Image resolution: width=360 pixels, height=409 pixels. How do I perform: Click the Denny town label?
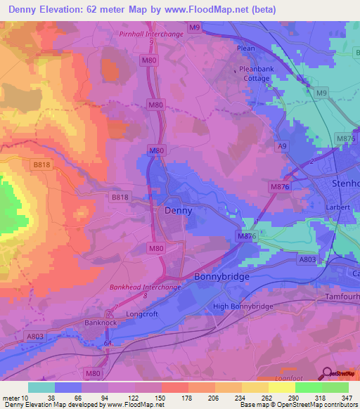(x=177, y=210)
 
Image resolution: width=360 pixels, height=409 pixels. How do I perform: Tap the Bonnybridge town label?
(x=221, y=278)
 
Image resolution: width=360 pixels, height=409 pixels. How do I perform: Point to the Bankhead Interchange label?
(x=146, y=287)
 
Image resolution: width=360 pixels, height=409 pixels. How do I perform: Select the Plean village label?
(x=246, y=48)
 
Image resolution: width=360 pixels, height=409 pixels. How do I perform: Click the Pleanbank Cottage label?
(x=255, y=74)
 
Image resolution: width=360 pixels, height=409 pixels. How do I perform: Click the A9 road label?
(x=282, y=145)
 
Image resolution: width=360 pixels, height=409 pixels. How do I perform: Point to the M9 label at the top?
(x=195, y=27)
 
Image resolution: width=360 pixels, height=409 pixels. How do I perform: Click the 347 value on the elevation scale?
(x=345, y=398)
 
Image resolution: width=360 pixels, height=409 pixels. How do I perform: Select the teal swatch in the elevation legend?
(x=41, y=387)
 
